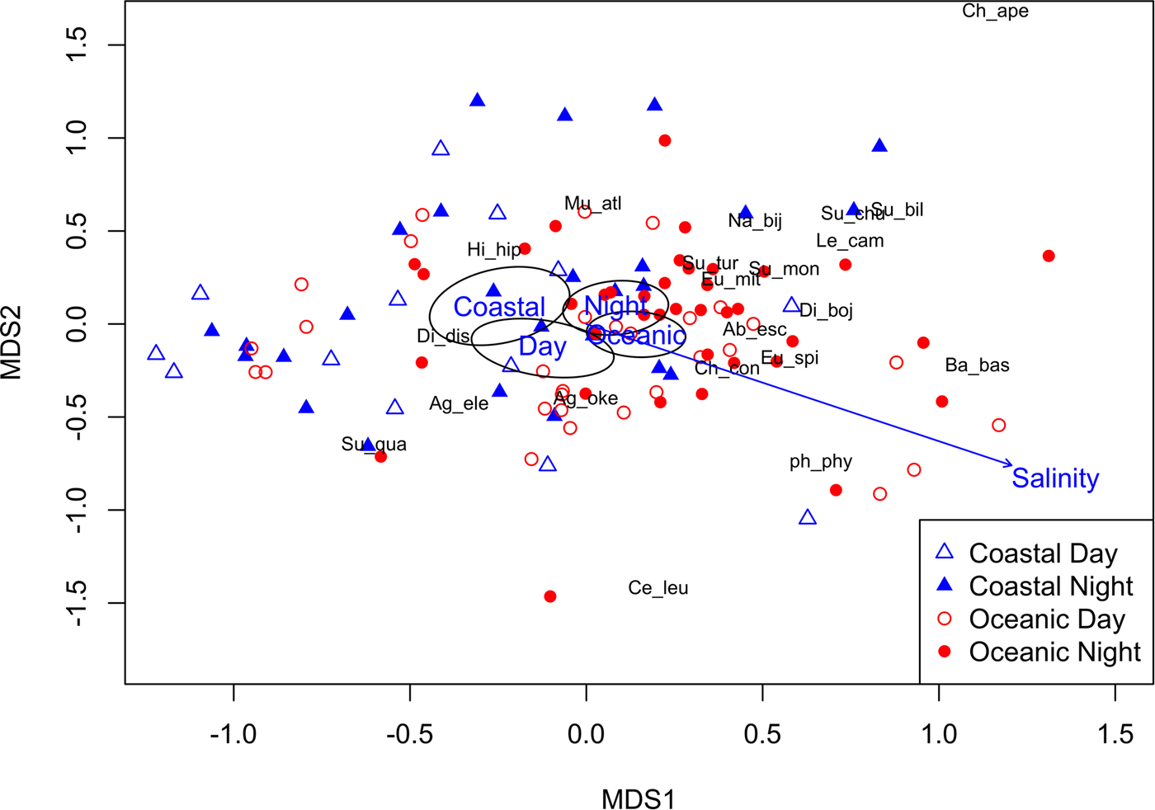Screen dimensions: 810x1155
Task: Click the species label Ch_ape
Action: tap(995, 12)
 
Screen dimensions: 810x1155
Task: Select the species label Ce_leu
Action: tap(658, 588)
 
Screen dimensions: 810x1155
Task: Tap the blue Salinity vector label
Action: tap(1055, 478)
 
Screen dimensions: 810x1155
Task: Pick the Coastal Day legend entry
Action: tap(1043, 553)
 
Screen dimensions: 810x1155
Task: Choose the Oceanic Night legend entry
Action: tap(1054, 652)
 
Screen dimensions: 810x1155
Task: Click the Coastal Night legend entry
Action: tap(1050, 586)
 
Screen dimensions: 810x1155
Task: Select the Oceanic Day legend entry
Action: tap(1046, 619)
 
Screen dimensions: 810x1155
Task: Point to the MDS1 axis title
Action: tap(638, 799)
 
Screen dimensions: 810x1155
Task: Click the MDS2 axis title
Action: tap(12, 342)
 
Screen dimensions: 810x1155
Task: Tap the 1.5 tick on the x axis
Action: tap(1115, 733)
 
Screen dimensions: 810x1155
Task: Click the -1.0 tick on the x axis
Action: tap(233, 733)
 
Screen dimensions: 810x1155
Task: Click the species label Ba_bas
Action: tap(977, 365)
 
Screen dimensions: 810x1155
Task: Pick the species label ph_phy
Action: tap(820, 462)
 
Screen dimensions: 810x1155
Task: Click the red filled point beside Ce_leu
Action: tap(550, 596)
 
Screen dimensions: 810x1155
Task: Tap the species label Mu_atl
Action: tap(592, 204)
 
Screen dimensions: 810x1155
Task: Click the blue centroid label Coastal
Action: tap(499, 307)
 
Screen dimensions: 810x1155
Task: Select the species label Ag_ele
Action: tap(459, 404)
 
